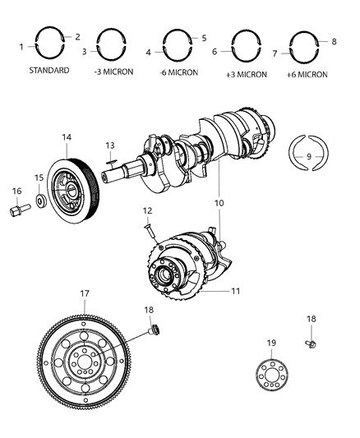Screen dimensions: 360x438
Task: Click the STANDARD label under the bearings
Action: click(49, 70)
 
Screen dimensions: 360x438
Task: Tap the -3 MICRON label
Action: click(113, 71)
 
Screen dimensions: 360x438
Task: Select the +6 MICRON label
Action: click(307, 75)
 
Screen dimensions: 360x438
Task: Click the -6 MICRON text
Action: click(178, 72)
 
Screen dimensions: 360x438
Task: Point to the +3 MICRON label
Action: click(247, 75)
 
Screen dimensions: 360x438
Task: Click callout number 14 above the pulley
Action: click(67, 137)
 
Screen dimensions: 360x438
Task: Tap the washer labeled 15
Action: click(42, 201)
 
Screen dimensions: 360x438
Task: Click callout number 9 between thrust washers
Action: click(308, 156)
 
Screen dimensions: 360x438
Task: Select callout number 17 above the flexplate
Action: click(85, 293)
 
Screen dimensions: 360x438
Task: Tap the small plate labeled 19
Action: click(271, 375)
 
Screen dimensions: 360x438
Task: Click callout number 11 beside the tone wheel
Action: click(235, 291)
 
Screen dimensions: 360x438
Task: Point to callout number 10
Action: click(219, 203)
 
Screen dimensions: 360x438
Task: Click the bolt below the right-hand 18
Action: click(311, 343)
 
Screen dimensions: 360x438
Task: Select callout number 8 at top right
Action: click(334, 41)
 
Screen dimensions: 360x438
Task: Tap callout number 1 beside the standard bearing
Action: click(21, 47)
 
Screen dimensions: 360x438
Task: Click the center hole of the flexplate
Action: click(84, 362)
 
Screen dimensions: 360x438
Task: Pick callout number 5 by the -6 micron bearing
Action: click(204, 38)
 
